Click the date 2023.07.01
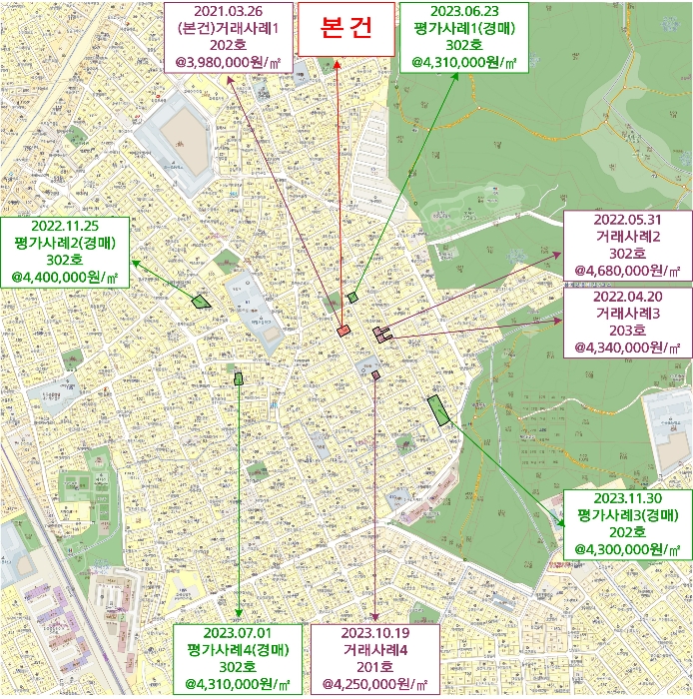[238, 633]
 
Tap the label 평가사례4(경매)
[238, 650]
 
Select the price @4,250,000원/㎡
[375, 685]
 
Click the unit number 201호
[375, 667]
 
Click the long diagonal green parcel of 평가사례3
[437, 411]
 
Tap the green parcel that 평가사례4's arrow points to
[239, 378]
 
